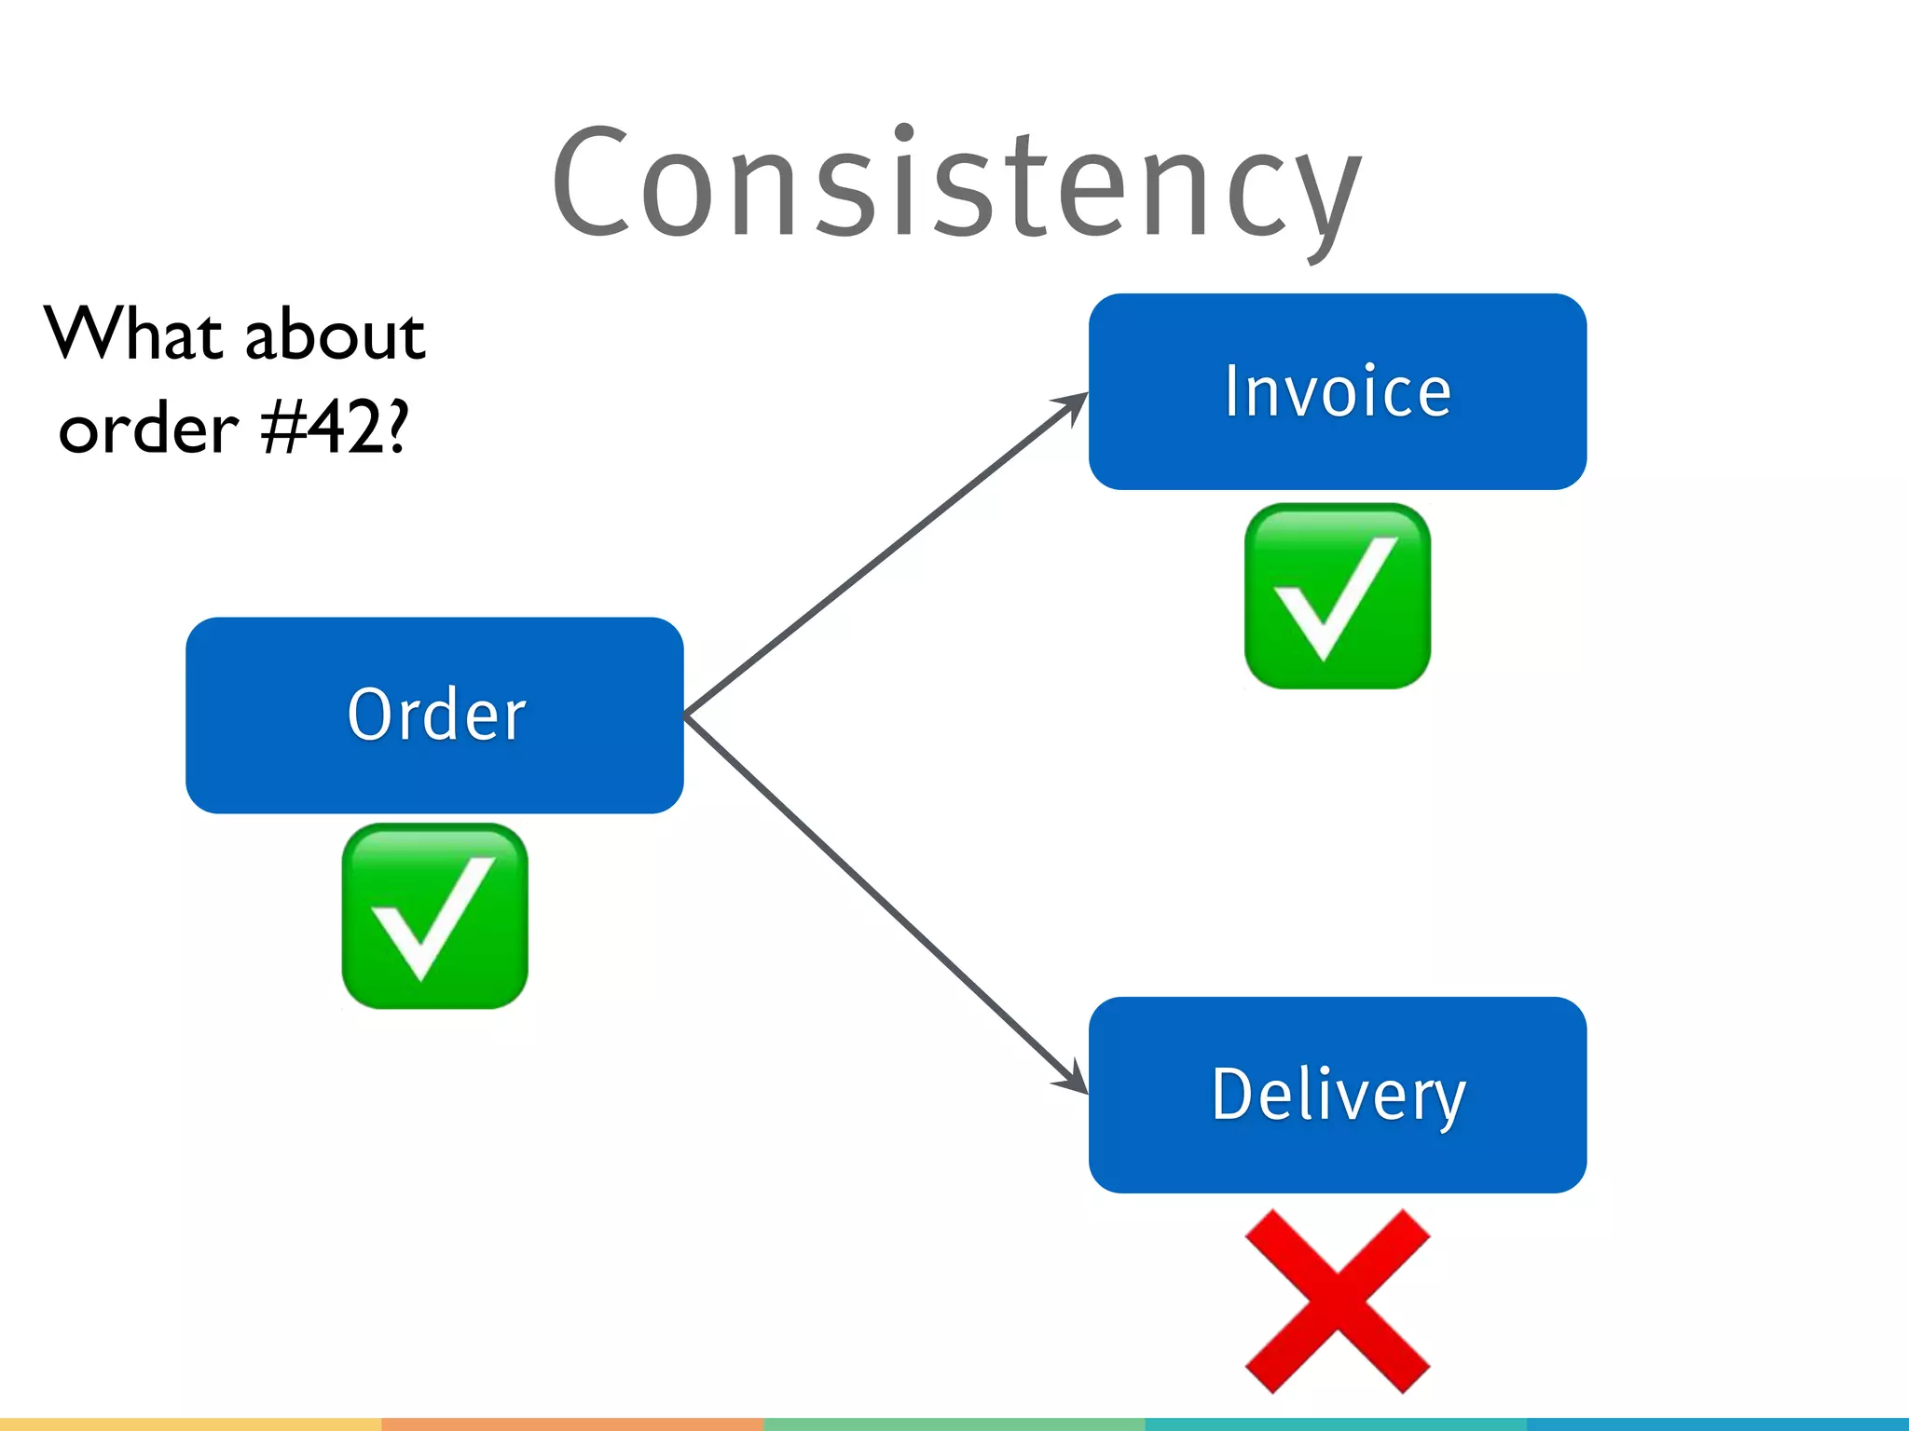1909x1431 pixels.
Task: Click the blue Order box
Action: pos(434,715)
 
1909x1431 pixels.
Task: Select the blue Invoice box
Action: pos(1337,391)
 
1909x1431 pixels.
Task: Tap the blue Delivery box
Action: pos(1337,1095)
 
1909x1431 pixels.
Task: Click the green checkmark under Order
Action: pos(434,916)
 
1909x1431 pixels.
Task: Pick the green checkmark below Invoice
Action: pos(1337,596)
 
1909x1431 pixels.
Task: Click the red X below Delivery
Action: pos(1337,1301)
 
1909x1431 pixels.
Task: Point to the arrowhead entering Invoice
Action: pos(1072,404)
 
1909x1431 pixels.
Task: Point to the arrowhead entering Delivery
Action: pos(1072,1080)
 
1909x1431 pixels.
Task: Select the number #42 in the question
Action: pos(321,429)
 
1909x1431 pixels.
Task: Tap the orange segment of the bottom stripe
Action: pos(572,1424)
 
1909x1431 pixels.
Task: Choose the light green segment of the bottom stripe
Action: pos(954,1424)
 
